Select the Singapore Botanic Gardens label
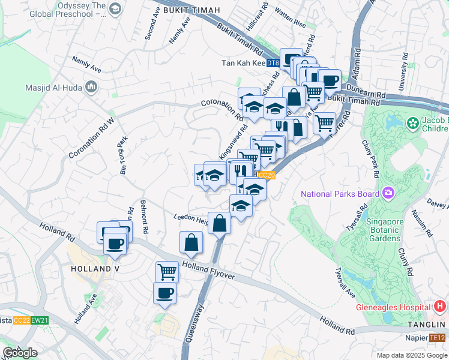(376, 230)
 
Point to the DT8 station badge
(273, 63)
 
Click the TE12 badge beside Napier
(438, 338)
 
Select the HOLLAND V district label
(95, 268)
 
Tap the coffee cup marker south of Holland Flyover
(165, 293)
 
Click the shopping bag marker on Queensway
(220, 223)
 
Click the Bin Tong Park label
(124, 155)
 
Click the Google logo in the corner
(20, 353)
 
